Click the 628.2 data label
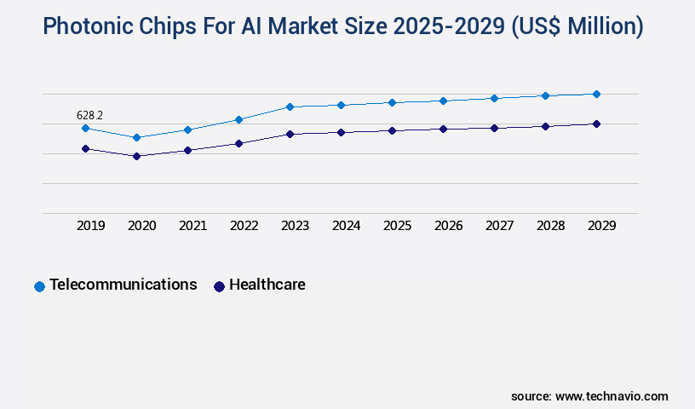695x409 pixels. pyautogui.click(x=89, y=115)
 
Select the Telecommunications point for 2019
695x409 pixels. pyautogui.click(x=85, y=128)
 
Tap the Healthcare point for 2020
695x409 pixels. pyautogui.click(x=136, y=156)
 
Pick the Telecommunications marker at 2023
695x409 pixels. pyautogui.click(x=290, y=107)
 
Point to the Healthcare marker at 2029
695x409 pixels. pyautogui.click(x=596, y=124)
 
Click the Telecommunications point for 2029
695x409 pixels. pyautogui.click(x=596, y=94)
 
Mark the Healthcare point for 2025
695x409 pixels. pyautogui.click(x=392, y=130)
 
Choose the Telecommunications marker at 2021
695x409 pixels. pyautogui.click(x=187, y=130)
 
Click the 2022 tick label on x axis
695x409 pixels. pyautogui.click(x=244, y=226)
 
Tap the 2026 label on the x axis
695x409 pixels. pyautogui.click(x=449, y=226)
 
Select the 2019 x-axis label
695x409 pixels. pyautogui.click(x=91, y=226)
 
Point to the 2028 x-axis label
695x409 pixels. pyautogui.click(x=551, y=226)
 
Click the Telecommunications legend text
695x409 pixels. pyautogui.click(x=123, y=285)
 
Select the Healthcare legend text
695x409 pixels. pyautogui.click(x=267, y=285)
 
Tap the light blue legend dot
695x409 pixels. pyautogui.click(x=39, y=286)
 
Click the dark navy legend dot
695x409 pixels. pyautogui.click(x=219, y=286)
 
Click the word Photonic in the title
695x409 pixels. pyautogui.click(x=83, y=27)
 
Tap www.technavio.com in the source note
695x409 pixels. pyautogui.click(x=612, y=396)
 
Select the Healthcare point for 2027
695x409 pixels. pyautogui.click(x=494, y=128)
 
